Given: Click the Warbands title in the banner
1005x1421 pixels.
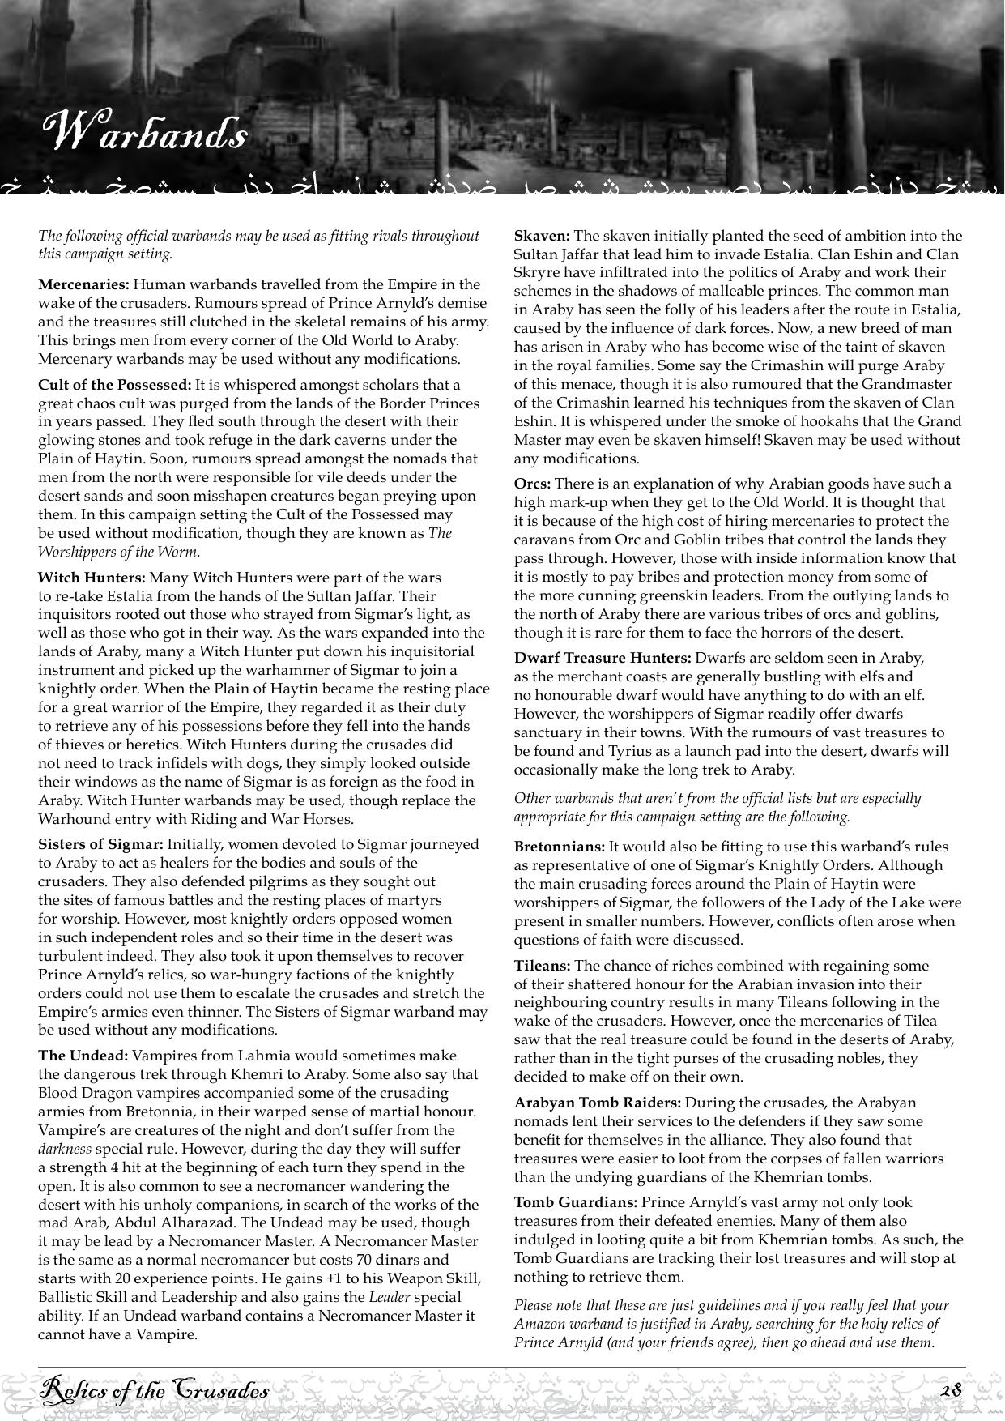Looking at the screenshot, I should [144, 132].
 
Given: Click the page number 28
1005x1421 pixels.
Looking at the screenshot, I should [951, 1390].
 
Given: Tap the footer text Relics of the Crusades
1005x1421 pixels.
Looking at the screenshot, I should [155, 1391].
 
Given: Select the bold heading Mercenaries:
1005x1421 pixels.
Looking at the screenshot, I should [83, 284].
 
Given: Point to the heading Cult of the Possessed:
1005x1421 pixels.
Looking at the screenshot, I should [114, 385].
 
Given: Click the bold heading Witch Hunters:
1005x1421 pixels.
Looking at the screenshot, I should [92, 578].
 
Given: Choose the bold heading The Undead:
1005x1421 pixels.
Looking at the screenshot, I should [83, 1056].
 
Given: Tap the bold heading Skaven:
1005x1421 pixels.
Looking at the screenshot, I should [542, 236].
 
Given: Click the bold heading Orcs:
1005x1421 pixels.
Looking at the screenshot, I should [532, 484].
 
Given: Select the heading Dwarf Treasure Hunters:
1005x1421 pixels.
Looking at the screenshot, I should [603, 658].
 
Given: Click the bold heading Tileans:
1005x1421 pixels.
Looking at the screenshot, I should [543, 966].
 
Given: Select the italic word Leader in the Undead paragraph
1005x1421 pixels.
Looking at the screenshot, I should [387, 1297].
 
